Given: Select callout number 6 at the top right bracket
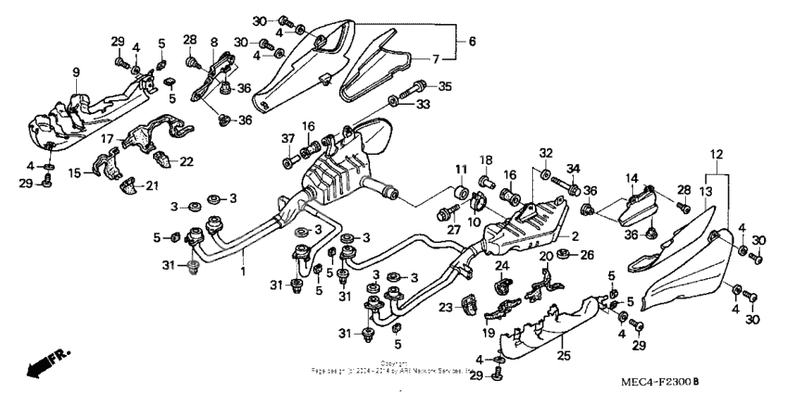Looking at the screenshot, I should pyautogui.click(x=471, y=42).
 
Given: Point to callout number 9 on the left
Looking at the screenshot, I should pyautogui.click(x=76, y=71).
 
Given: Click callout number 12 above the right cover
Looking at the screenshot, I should pyautogui.click(x=715, y=152).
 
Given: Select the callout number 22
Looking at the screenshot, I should pyautogui.click(x=186, y=161).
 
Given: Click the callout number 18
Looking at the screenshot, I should pyautogui.click(x=486, y=160).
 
